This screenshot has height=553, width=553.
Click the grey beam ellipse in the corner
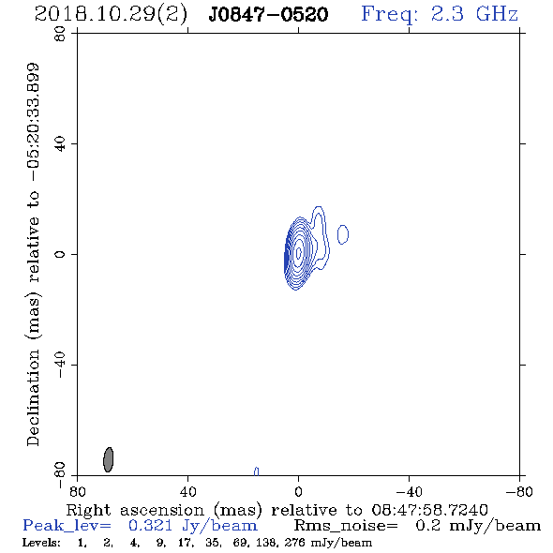(109, 459)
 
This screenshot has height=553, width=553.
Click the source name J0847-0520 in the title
(268, 15)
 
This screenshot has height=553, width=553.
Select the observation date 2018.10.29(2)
(111, 15)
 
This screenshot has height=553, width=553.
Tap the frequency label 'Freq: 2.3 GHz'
(440, 15)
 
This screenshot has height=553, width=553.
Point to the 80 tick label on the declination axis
(60, 34)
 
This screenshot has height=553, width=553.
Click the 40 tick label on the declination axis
(60, 144)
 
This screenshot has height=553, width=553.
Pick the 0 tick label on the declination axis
(60, 254)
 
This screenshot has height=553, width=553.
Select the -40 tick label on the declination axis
(60, 365)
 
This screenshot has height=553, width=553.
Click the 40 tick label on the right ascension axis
(187, 492)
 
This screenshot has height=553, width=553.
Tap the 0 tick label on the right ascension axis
(298, 492)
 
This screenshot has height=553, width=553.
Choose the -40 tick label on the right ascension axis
(409, 492)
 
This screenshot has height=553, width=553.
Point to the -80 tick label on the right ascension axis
(519, 492)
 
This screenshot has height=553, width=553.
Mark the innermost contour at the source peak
(299, 252)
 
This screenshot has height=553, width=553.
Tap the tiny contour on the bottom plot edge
(257, 471)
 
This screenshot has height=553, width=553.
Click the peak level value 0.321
(150, 526)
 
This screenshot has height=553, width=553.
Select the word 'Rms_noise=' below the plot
(346, 526)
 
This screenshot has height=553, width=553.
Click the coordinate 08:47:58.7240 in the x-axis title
(429, 510)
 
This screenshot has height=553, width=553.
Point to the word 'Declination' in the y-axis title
(33, 397)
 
